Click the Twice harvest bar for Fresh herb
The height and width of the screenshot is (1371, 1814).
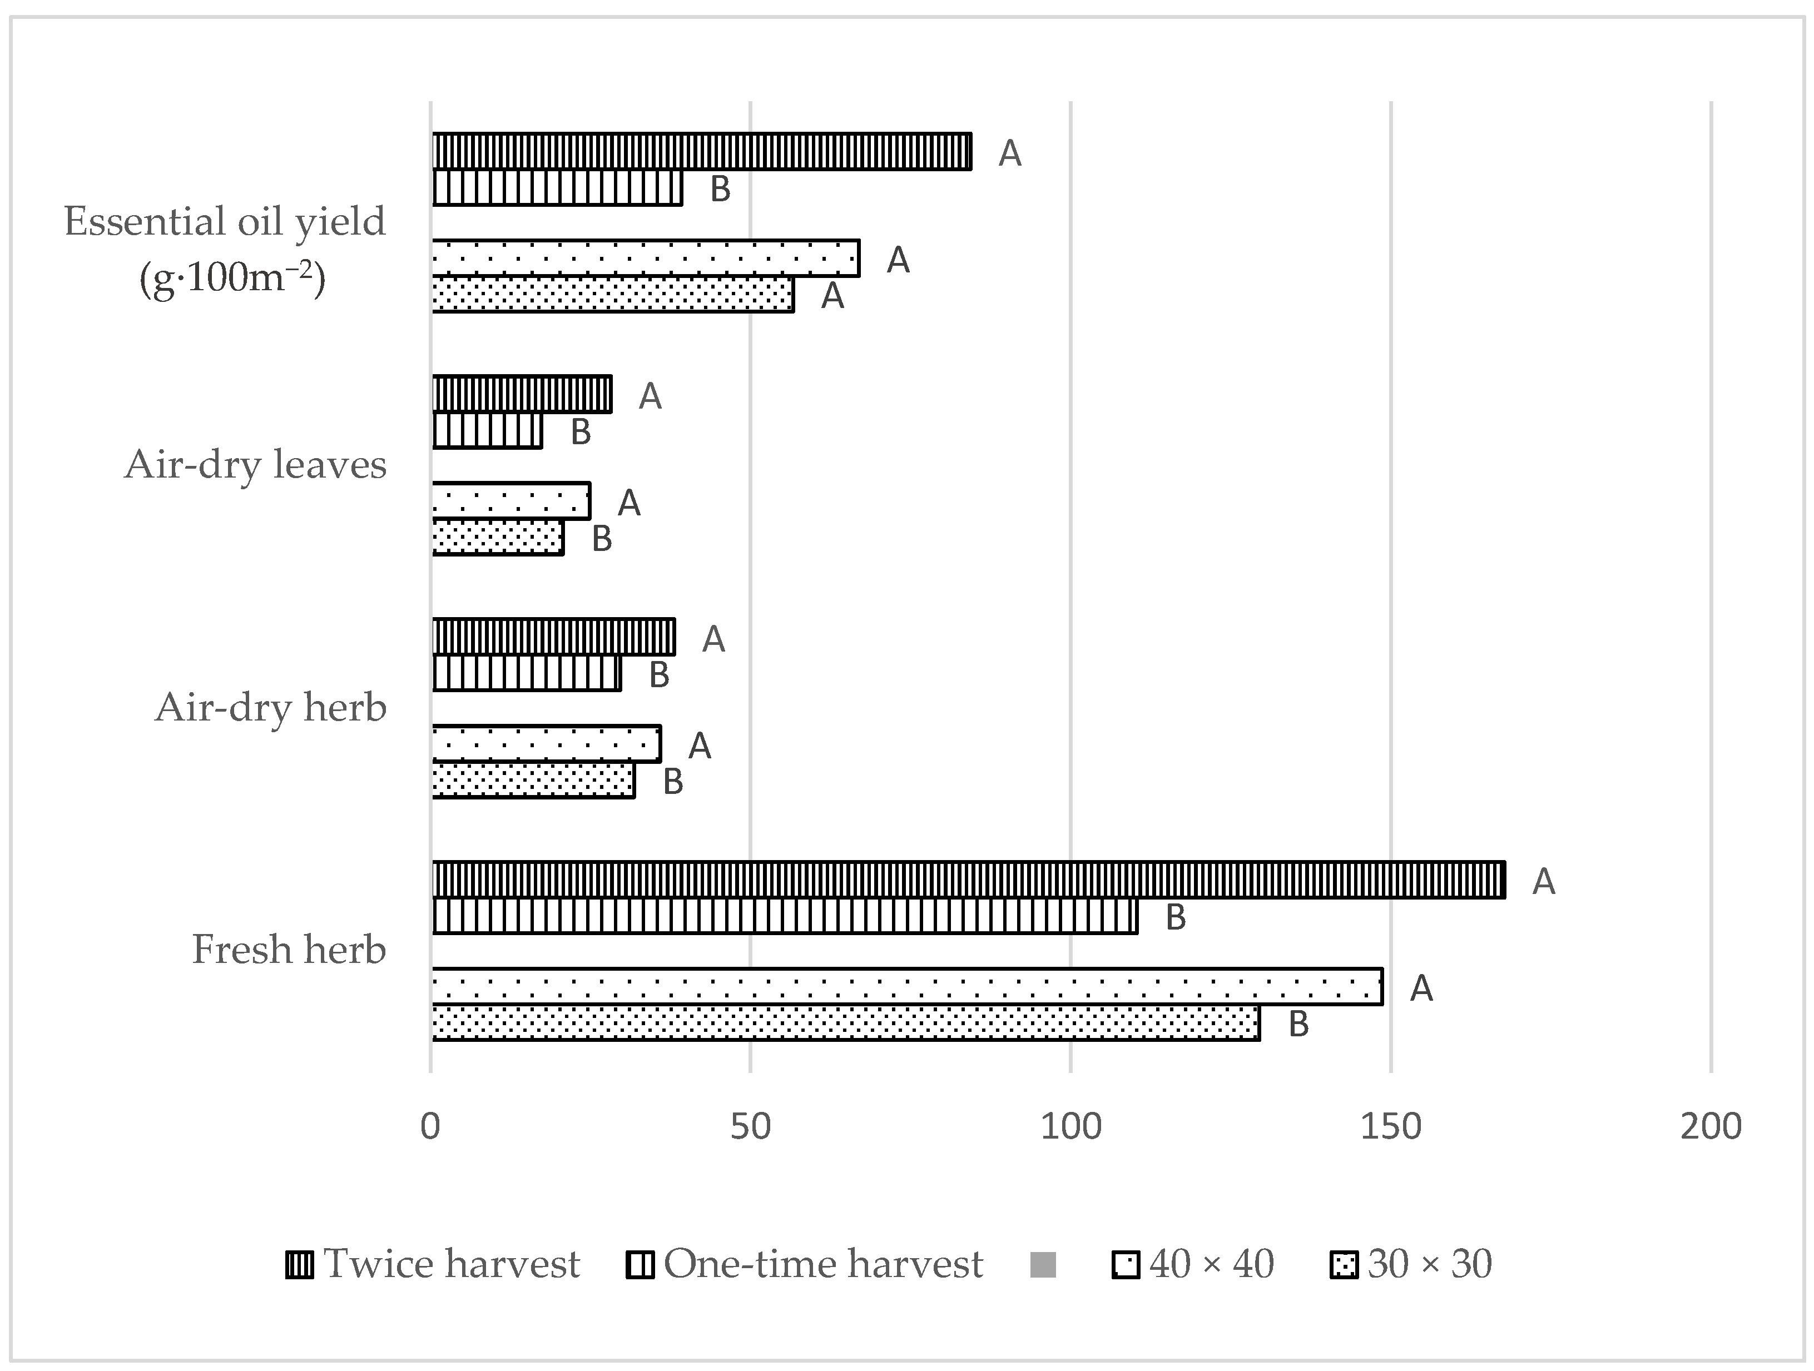968,880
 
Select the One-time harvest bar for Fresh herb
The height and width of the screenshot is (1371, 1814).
784,916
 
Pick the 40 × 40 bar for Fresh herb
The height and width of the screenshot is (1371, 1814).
906,986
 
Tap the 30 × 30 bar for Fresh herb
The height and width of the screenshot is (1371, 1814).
845,1022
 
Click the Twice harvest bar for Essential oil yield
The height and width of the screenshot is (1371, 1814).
701,152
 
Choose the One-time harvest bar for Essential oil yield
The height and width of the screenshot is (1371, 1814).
557,188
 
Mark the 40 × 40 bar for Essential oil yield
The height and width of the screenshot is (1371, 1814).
646,259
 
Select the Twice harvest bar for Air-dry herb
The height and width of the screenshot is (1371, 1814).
553,637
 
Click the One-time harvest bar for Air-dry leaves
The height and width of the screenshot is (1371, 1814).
487,430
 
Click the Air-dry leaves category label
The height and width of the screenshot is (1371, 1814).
256,465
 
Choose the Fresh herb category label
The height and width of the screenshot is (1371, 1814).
289,950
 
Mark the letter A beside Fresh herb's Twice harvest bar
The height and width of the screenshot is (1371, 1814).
1543,881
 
